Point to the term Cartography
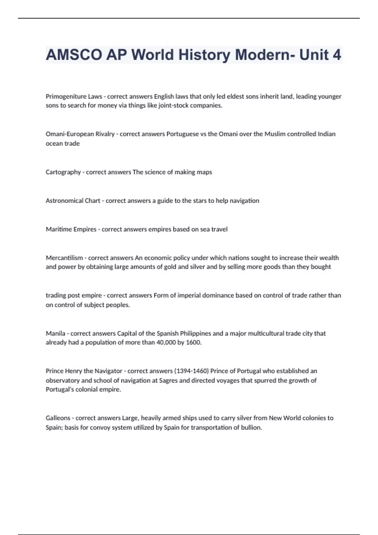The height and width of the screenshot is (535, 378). point(63,172)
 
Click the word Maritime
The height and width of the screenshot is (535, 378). point(59,229)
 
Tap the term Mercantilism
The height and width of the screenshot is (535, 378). point(64,258)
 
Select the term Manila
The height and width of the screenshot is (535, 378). point(55,333)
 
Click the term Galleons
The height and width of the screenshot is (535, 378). point(58,418)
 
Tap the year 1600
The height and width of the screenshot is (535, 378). point(193,342)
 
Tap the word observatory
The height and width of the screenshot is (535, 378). point(63,380)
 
